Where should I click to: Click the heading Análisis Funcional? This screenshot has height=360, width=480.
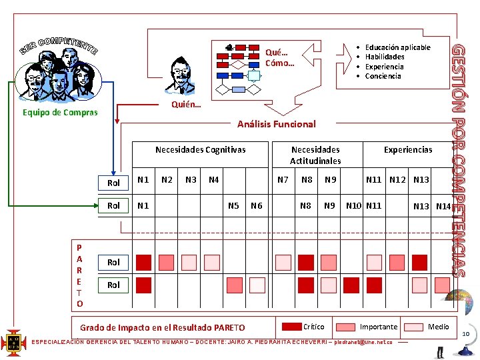(277, 124)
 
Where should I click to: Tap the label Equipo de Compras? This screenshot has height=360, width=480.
(59, 113)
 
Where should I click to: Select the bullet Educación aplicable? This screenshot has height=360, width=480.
(397, 47)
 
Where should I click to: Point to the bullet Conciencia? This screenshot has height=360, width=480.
(383, 76)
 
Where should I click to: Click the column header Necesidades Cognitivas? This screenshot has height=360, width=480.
(200, 150)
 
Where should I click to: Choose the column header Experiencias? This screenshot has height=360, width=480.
(408, 150)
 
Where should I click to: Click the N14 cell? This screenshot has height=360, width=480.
(443, 206)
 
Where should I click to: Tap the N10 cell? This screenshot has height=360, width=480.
(353, 205)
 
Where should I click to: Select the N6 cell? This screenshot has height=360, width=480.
(257, 206)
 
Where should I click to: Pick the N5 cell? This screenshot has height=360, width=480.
(234, 206)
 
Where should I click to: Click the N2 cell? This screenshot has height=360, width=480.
(167, 179)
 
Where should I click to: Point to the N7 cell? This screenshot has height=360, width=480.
(283, 179)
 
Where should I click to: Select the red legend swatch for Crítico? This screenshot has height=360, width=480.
(291, 327)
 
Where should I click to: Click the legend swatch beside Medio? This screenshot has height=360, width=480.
(414, 327)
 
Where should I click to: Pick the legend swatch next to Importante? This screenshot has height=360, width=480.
(346, 327)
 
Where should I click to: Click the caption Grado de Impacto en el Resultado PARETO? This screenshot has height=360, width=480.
(162, 327)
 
